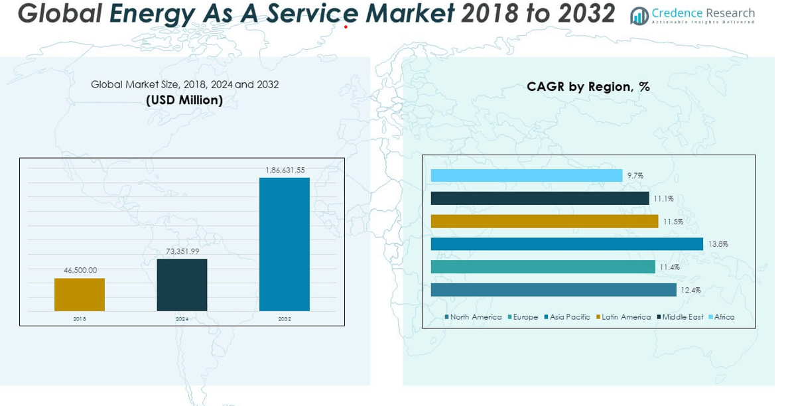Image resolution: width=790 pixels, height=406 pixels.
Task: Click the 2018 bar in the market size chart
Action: (x=80, y=295)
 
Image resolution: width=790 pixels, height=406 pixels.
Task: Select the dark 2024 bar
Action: (x=182, y=285)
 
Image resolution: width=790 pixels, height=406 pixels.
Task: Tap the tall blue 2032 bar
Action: (x=284, y=244)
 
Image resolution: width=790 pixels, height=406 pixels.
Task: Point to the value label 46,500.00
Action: (x=80, y=270)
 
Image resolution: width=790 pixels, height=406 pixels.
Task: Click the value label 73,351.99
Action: (x=182, y=251)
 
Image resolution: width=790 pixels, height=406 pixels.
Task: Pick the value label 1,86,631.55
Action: (x=285, y=170)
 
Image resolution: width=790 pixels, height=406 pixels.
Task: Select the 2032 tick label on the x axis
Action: (x=285, y=319)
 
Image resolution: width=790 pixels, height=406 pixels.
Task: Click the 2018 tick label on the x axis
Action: (x=80, y=319)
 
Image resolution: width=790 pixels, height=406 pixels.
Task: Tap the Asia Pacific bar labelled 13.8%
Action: (x=566, y=244)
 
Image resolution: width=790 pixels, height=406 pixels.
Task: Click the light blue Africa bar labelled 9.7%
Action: (x=527, y=175)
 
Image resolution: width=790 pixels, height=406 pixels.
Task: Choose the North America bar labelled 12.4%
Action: (x=553, y=290)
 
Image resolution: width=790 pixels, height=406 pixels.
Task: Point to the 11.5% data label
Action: (x=673, y=222)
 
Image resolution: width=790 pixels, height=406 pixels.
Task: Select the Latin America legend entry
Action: (x=624, y=317)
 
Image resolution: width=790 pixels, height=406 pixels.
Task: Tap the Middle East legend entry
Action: (x=680, y=317)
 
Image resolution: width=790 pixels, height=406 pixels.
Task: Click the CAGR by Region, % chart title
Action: (x=588, y=86)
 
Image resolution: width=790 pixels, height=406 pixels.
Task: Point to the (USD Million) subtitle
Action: (x=184, y=100)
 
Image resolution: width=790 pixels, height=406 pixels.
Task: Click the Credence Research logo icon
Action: (x=639, y=16)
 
